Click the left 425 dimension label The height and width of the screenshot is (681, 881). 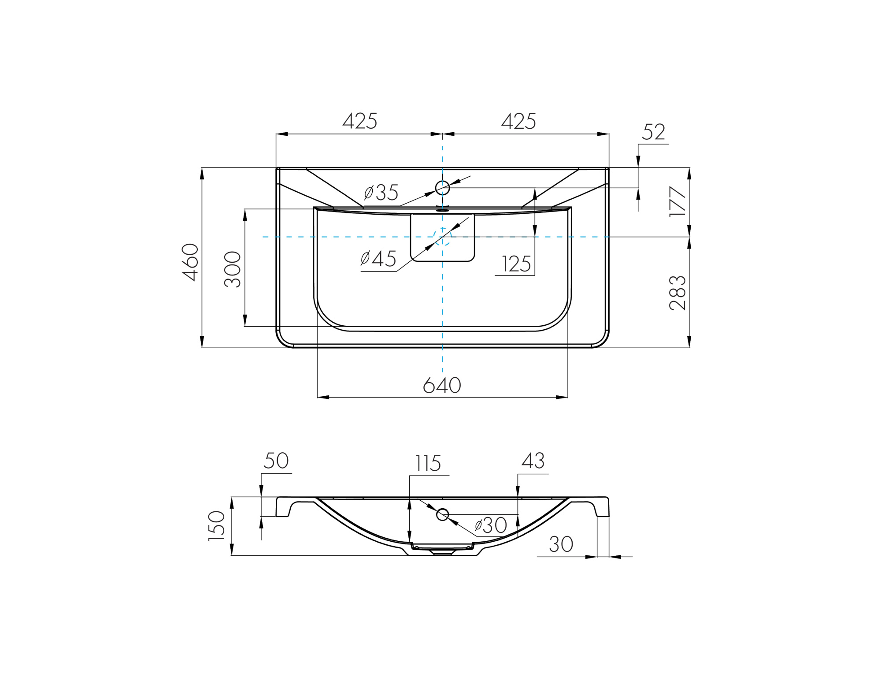coord(360,121)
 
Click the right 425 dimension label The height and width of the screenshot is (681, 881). coord(518,121)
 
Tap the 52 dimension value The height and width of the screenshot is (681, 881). coord(653,132)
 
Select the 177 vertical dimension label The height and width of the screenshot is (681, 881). coord(677,201)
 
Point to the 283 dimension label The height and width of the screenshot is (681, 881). coord(677,293)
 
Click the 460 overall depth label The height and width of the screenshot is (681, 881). coord(190,262)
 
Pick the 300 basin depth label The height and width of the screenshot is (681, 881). coord(232,269)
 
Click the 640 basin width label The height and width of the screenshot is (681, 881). coord(442,385)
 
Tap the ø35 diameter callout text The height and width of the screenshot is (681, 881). coord(381,193)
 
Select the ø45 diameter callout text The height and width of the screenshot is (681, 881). coord(378,259)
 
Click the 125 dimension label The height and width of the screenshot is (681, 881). coord(516,264)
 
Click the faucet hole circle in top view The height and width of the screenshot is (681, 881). coord(442,188)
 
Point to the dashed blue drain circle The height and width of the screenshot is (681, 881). coord(442,237)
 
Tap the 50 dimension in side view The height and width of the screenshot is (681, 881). coord(276,461)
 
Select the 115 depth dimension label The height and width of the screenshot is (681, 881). coord(428,464)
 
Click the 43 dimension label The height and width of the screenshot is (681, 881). coord(533,461)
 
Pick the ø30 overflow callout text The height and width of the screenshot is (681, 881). coord(491,525)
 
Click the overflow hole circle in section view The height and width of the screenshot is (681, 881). coord(442,514)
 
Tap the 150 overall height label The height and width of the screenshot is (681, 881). coord(216,526)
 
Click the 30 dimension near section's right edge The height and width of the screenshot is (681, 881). coord(561,544)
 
